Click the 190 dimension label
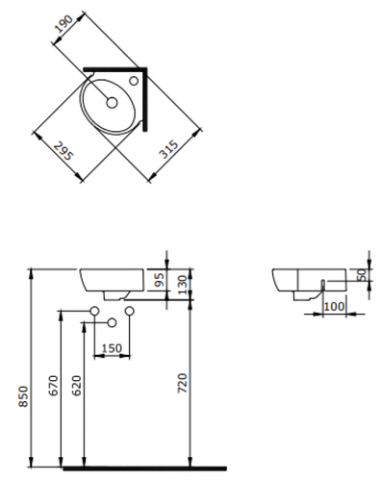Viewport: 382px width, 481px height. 64,25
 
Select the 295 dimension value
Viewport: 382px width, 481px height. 64,151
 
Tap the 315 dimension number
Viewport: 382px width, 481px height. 169,149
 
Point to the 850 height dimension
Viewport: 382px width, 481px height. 24,396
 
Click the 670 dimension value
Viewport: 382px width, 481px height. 54,385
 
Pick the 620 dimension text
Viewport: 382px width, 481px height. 77,385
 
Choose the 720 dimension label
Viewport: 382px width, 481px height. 182,383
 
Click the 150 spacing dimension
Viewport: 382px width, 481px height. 112,348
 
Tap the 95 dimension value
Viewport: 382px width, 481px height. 160,279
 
